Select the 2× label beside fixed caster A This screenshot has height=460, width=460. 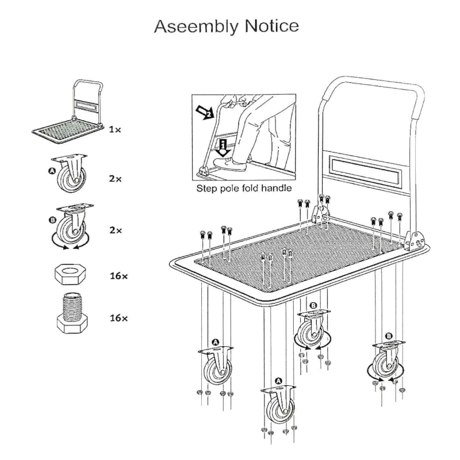tap(116, 179)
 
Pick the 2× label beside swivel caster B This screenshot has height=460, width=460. tap(116, 230)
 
